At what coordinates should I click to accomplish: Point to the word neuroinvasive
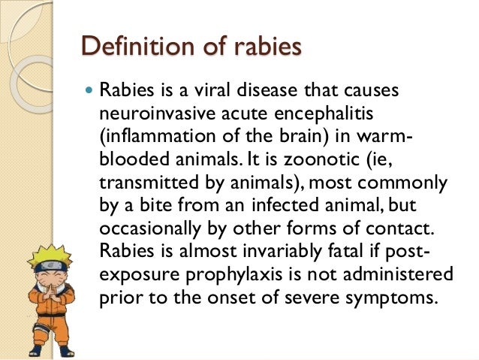point(152,116)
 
